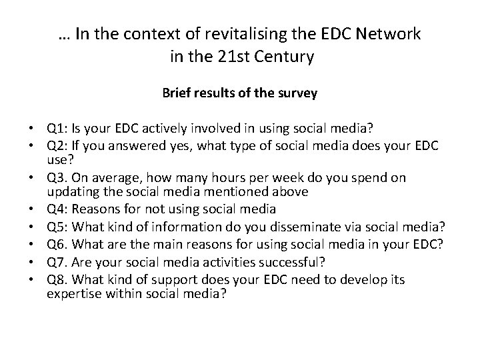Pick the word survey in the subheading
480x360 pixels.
coord(299,94)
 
